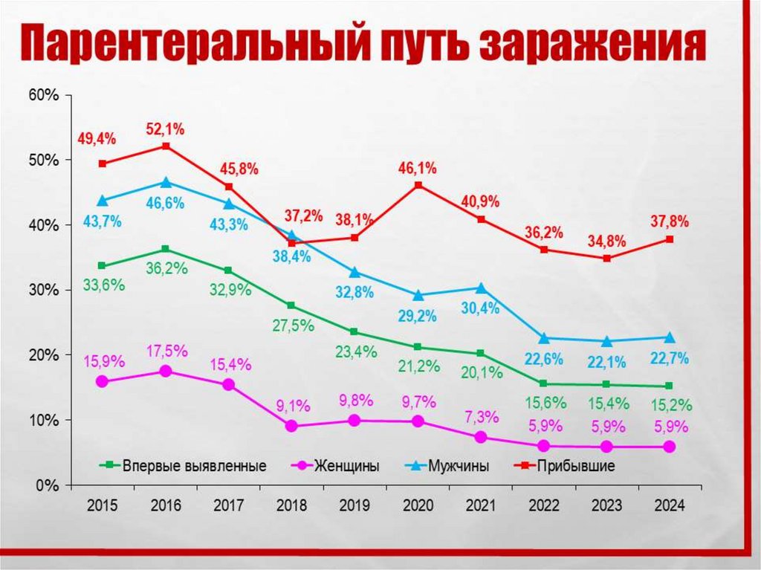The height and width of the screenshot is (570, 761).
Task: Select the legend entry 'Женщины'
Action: coord(346,467)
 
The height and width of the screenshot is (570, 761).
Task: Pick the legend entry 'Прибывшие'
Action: coord(579,467)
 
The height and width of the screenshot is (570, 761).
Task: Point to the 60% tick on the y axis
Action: coord(43,95)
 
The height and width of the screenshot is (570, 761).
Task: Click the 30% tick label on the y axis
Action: coord(43,290)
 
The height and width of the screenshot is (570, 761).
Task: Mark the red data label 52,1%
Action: coord(166,129)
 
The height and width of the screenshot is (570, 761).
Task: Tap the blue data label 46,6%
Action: coord(166,203)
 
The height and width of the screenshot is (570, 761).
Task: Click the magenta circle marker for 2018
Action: coord(292,426)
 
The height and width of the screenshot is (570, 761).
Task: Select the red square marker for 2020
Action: coord(418,185)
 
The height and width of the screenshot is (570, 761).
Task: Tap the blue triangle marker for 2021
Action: coord(481,288)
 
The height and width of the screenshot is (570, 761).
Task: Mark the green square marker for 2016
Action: coord(166,249)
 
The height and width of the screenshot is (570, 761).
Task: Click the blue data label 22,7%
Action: coord(670,358)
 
